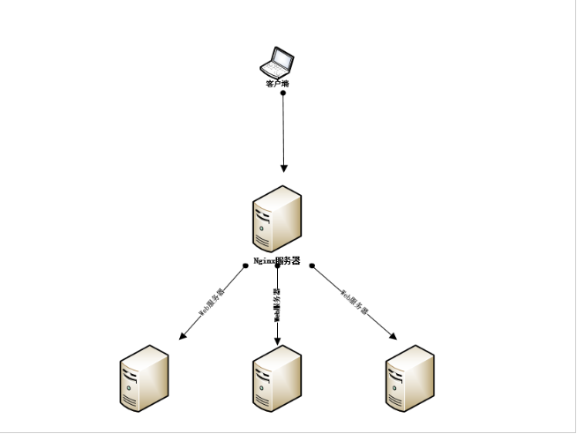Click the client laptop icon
(276, 63)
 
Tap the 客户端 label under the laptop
(277, 84)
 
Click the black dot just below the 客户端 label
(283, 93)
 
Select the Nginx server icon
(277, 219)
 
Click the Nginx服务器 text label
(277, 261)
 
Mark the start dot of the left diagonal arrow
(245, 266)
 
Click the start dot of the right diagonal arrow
(311, 266)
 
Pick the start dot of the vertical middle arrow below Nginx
(277, 266)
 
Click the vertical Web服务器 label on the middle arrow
(276, 304)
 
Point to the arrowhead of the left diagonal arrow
(183, 336)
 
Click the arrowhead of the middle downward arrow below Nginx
(277, 341)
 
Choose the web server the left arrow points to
(144, 378)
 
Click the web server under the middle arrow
(276, 378)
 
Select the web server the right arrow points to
(409, 378)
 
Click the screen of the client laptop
(281, 59)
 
